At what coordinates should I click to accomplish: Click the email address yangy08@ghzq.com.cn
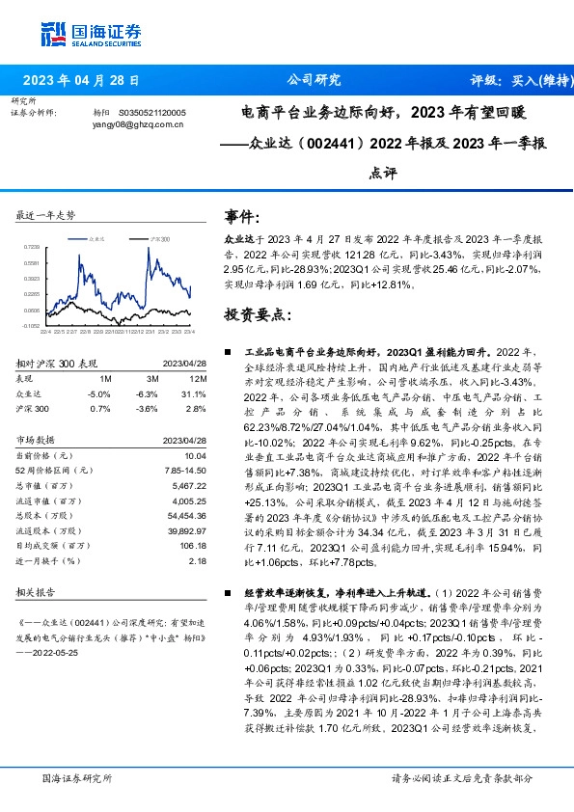pyautogui.click(x=133, y=123)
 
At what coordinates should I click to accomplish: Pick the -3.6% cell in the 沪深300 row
pyautogui.click(x=148, y=408)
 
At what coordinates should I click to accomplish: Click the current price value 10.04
pyautogui.click(x=196, y=454)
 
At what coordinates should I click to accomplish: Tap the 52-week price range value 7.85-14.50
pyautogui.click(x=187, y=469)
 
